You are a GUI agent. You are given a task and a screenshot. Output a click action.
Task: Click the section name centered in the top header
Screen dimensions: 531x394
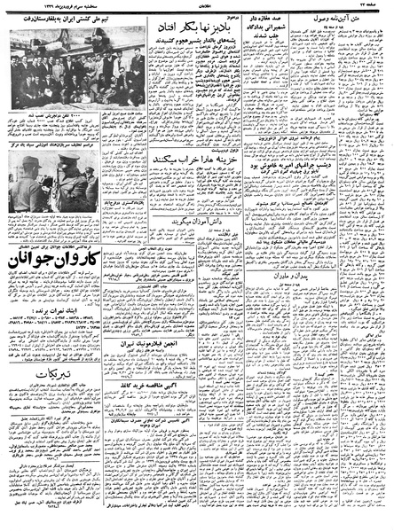197,6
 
